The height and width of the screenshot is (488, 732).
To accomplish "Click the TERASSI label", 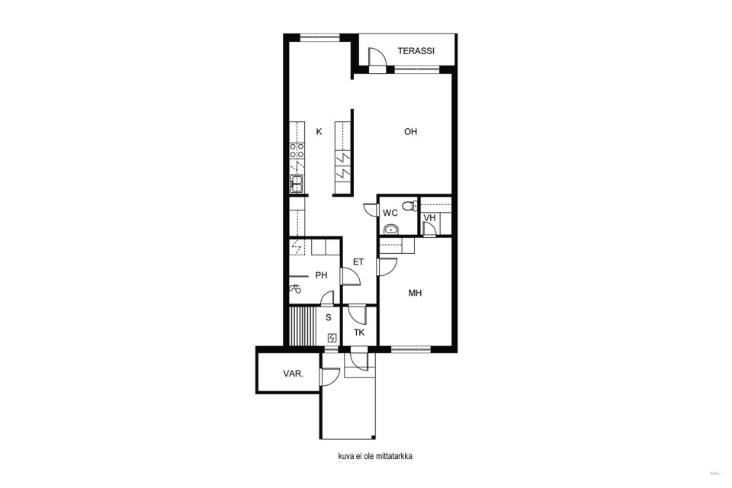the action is [416, 51].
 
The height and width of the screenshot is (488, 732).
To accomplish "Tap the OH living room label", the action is [410, 132].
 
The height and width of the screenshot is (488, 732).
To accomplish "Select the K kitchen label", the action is [319, 132].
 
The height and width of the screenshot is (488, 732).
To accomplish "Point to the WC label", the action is [390, 213].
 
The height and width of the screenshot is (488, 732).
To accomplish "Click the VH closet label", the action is [429, 217].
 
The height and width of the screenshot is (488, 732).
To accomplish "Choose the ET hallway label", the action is [358, 262].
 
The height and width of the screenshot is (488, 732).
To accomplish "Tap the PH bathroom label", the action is [321, 275].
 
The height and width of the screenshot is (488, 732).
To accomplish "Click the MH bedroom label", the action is [415, 293].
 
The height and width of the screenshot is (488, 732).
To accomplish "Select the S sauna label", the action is [328, 317].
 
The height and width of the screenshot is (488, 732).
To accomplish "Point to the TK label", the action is [359, 332].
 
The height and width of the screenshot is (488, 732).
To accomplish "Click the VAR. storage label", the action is [293, 374].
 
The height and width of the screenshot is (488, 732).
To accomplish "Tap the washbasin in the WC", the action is [390, 230].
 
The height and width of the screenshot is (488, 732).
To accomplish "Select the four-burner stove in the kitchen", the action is [297, 150].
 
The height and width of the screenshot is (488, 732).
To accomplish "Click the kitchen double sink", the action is [297, 184].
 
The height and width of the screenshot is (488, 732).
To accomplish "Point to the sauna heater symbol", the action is [332, 338].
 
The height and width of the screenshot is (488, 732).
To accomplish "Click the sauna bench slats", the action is [303, 326].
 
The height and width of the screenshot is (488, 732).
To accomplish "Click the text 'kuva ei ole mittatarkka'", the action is [375, 456].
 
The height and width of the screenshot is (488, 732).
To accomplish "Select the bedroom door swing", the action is [387, 267].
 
